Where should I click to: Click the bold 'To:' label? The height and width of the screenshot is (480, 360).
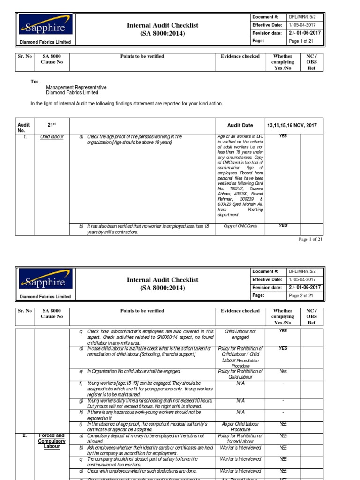[35, 82]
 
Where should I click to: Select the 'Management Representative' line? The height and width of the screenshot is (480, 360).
[76, 87]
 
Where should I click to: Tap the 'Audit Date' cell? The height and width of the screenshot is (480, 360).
[240, 125]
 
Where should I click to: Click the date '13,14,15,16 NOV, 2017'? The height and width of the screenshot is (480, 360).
[292, 125]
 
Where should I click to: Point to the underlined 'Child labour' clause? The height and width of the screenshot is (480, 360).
[52, 137]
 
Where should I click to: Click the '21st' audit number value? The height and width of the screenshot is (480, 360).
[52, 125]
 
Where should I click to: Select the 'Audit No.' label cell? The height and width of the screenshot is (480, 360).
[23, 128]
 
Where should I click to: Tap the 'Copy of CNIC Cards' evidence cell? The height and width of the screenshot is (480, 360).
[240, 226]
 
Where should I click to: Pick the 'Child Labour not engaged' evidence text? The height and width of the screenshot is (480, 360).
[240, 334]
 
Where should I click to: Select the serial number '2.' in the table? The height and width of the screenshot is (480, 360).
[25, 435]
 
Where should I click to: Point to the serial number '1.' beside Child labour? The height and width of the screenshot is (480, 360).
[24, 137]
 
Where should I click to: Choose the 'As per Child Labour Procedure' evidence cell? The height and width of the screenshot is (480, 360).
[240, 427]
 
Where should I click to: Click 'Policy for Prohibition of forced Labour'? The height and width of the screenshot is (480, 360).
[240, 438]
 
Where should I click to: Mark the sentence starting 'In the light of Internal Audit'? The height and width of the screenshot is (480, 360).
[127, 104]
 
